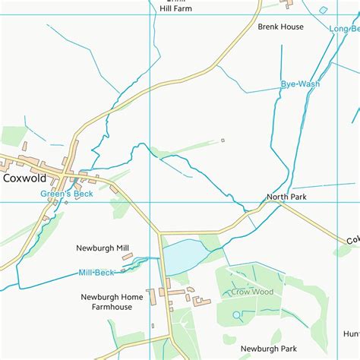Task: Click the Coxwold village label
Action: [x=24, y=178]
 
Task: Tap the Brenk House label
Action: [x=280, y=27]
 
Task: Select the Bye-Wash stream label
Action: [x=300, y=84]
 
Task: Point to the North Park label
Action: [x=286, y=197]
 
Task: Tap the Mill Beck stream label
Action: [x=96, y=273]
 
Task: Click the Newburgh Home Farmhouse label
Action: [x=112, y=302]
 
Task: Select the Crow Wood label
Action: [x=251, y=292]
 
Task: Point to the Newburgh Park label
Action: [x=267, y=349]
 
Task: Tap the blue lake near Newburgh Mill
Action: [x=182, y=256]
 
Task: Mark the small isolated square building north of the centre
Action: [x=223, y=140]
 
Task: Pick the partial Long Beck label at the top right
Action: [x=344, y=29]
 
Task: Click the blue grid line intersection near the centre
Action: [x=152, y=202]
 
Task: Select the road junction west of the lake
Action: [x=159, y=233]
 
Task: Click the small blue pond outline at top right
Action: [x=324, y=10]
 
